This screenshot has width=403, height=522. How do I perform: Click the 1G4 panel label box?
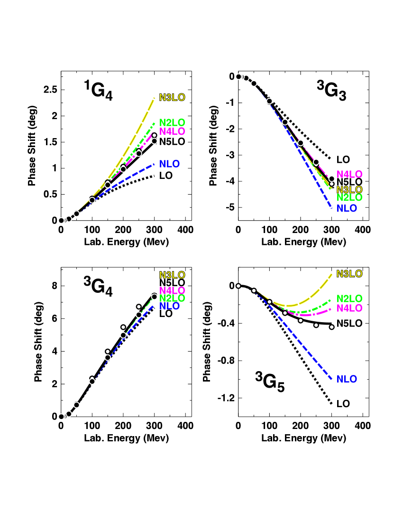tap(98, 89)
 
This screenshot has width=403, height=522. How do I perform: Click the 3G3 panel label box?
tap(331, 89)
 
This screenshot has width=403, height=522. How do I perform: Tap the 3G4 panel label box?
tap(98, 285)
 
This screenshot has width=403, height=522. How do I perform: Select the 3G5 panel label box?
tap(269, 380)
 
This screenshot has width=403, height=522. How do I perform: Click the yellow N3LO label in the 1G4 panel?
tap(172, 97)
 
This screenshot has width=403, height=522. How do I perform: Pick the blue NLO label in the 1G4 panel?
tap(170, 164)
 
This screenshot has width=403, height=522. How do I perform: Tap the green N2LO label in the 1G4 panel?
tap(172, 122)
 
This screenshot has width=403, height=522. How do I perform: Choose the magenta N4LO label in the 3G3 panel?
tap(349, 174)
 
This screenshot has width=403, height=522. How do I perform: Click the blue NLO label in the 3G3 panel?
tap(347, 208)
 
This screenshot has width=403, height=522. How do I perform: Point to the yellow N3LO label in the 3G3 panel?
tap(349, 189)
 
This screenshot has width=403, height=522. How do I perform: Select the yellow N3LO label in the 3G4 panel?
tap(172, 275)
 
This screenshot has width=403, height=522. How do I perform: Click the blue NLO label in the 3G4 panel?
tap(170, 307)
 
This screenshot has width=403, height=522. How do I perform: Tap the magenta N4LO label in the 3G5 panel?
tap(349, 308)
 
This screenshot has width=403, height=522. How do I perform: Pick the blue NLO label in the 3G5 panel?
tap(347, 379)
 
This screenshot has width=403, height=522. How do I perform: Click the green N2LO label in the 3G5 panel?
tap(349, 299)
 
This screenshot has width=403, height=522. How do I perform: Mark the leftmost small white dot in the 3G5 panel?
tap(238, 286)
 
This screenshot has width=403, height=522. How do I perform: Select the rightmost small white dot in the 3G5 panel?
tap(331, 327)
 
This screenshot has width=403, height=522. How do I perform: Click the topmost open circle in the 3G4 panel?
tap(154, 297)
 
